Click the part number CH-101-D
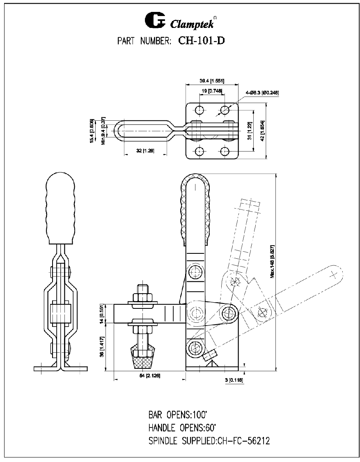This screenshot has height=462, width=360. click(x=202, y=41)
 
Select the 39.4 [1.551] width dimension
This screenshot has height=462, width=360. click(x=212, y=80)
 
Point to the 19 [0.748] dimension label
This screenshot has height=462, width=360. click(x=212, y=91)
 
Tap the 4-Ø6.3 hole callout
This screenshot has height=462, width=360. click(x=262, y=93)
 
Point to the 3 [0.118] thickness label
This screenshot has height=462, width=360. click(x=234, y=380)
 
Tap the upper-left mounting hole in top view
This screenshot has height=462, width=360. click(x=199, y=110)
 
